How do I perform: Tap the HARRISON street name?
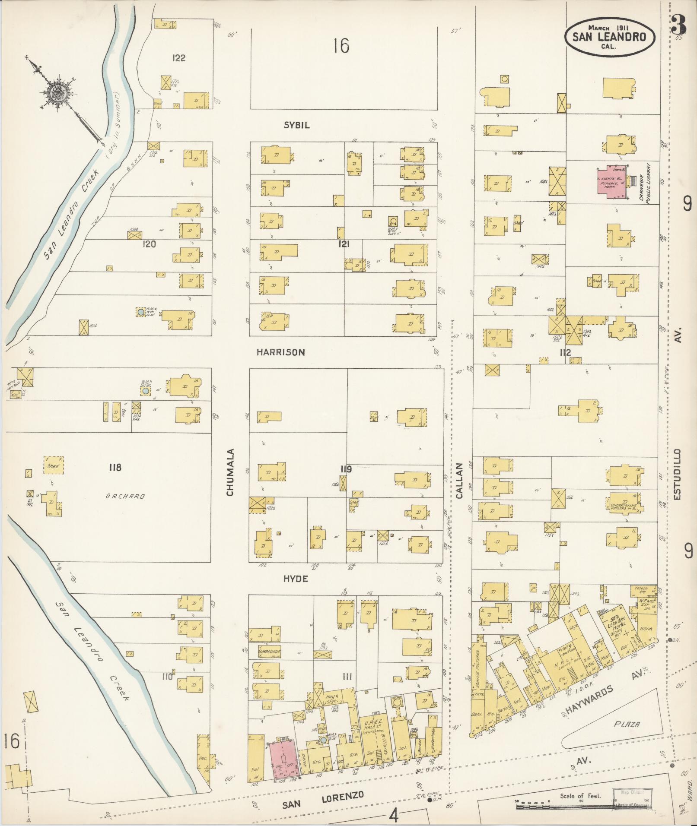pyautogui.click(x=280, y=352)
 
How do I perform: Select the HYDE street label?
pyautogui.click(x=296, y=579)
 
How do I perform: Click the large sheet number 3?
pyautogui.click(x=678, y=26)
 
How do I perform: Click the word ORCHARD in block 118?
pyautogui.click(x=125, y=496)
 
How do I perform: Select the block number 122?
pyautogui.click(x=178, y=58)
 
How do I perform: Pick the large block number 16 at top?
pyautogui.click(x=341, y=46)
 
